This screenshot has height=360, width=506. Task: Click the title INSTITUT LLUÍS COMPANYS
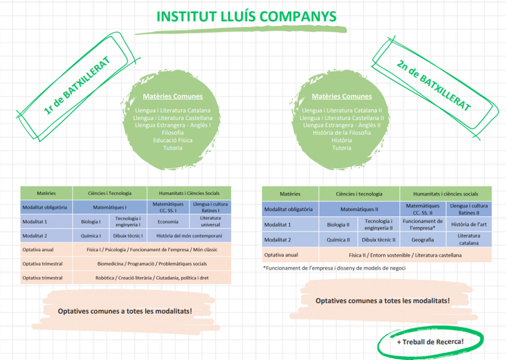[x=246, y=16]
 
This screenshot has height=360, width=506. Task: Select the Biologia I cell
[x=91, y=222]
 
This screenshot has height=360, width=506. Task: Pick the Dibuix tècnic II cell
[x=379, y=240]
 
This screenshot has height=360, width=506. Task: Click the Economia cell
[x=168, y=222]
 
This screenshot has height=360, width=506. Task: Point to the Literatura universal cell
[x=211, y=222]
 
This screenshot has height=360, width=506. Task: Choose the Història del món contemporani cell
[x=189, y=236]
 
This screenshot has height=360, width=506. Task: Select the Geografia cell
[x=423, y=240]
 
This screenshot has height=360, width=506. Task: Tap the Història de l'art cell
[x=469, y=225]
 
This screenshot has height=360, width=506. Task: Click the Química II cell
[x=338, y=240]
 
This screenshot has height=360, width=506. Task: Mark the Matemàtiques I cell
[x=110, y=207]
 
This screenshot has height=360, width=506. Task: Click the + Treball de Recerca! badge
[x=430, y=342]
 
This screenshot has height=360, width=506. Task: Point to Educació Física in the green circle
[x=172, y=140]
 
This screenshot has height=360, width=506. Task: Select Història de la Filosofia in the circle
[x=341, y=133]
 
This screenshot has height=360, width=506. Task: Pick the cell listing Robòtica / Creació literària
[x=152, y=278]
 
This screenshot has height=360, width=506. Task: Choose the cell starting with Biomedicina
[x=152, y=264]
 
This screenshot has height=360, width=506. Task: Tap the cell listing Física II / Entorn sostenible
[x=405, y=255]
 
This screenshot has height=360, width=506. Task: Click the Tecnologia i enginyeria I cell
[x=128, y=222]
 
